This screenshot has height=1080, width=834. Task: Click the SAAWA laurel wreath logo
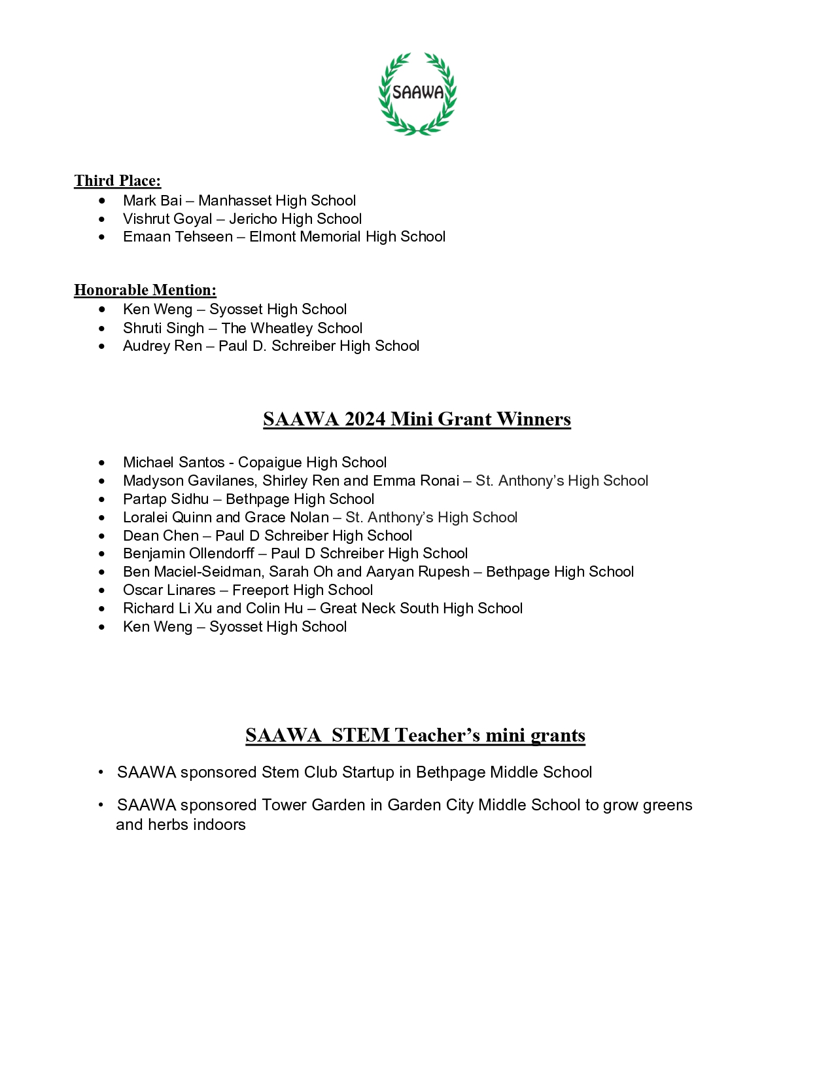click(417, 94)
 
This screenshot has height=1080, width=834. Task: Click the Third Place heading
click(117, 181)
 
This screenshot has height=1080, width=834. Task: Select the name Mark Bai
click(152, 200)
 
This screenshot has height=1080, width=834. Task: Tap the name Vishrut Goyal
click(167, 219)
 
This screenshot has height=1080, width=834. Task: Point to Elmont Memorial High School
click(347, 236)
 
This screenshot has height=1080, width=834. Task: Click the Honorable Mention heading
click(145, 290)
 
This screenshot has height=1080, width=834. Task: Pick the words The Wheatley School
click(292, 328)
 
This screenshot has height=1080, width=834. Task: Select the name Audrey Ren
click(162, 346)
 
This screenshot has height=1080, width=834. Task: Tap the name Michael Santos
click(173, 462)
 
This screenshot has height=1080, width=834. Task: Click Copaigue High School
click(312, 462)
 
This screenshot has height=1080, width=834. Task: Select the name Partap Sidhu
click(166, 499)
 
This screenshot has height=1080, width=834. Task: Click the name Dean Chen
click(160, 535)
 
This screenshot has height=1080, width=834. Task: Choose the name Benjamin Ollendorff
click(188, 553)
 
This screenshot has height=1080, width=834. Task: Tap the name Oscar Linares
click(169, 590)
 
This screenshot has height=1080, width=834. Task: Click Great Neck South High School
click(421, 608)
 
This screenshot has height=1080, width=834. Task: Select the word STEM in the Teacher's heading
click(360, 735)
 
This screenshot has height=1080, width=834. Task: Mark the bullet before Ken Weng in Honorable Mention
click(102, 309)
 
